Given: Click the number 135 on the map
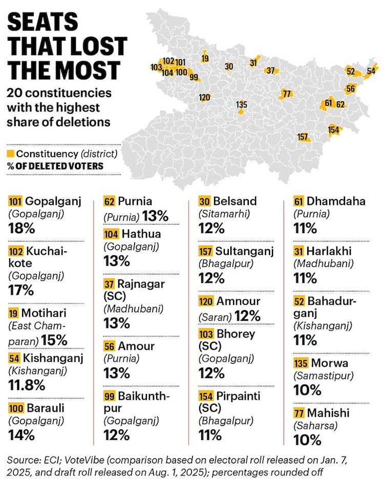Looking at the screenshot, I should tap(242, 105).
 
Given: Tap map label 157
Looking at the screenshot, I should tap(303, 137).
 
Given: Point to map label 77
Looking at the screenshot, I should tap(287, 93).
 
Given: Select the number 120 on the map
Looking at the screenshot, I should tap(204, 98).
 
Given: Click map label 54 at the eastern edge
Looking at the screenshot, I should tap(372, 71).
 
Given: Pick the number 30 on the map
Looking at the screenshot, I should tap(229, 67).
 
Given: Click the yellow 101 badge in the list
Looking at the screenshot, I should tap(15, 201).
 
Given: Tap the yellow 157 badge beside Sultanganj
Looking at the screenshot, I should tap(205, 251).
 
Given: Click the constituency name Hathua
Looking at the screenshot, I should tap(141, 234).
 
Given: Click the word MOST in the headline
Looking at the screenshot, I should tap(88, 70).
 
